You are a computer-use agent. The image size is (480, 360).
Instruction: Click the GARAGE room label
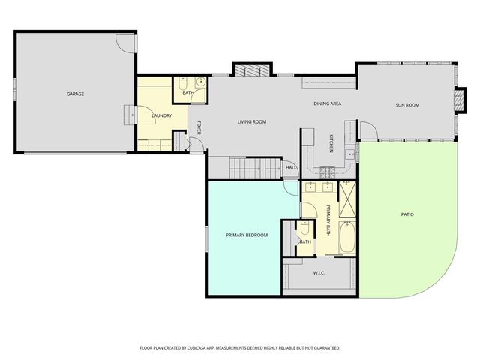coord(75,94)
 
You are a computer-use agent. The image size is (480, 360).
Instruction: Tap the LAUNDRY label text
coord(162,115)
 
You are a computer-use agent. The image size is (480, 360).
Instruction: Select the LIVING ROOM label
coord(252,121)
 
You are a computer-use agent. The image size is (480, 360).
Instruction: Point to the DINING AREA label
coord(327,103)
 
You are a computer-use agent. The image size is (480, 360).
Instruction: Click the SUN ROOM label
coord(406,105)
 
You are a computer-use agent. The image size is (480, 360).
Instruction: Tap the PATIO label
coord(406,214)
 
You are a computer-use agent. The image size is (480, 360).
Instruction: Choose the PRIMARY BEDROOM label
coord(247,235)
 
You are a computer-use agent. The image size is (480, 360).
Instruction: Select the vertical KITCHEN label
coord(331,142)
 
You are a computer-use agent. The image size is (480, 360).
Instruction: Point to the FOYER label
coord(199,127)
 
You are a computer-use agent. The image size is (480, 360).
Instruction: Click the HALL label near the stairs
coord(291,167)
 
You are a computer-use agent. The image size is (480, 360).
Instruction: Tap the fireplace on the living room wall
coord(249,70)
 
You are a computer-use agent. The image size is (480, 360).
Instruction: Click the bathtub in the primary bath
coord(346,242)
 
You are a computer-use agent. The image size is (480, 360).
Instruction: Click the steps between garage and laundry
coord(129,115)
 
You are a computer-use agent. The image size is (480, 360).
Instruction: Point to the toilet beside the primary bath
coord(305,229)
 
